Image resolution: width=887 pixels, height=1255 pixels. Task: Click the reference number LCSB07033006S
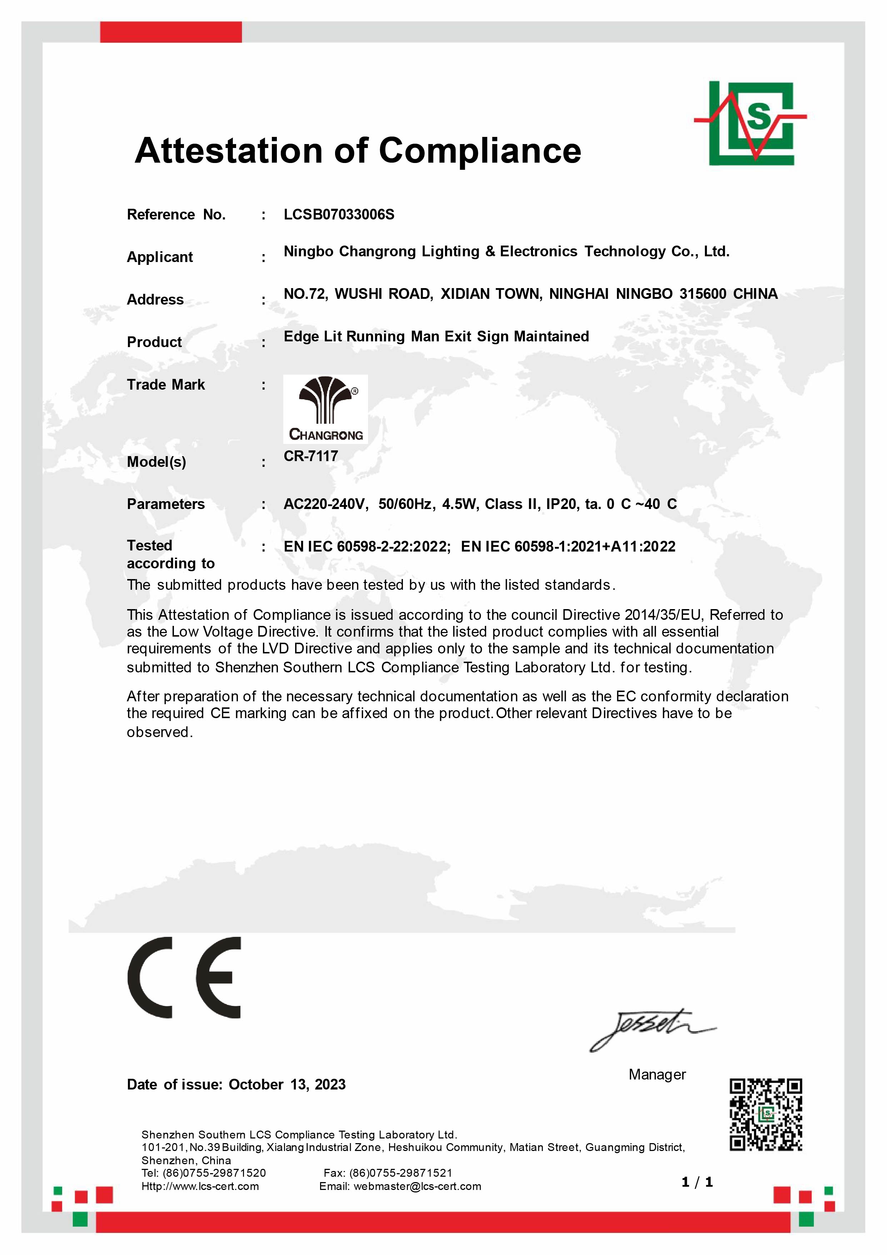tap(339, 214)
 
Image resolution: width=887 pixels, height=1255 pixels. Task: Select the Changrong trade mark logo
tap(325, 409)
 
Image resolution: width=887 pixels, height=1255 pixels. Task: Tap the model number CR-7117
tap(311, 456)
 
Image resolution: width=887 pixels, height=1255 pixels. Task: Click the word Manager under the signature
tap(657, 1074)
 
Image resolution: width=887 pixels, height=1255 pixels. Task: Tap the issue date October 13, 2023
tap(287, 1084)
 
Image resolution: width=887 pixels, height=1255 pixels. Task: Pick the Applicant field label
tap(159, 257)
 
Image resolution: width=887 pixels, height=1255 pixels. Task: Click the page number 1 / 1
tap(697, 1183)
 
